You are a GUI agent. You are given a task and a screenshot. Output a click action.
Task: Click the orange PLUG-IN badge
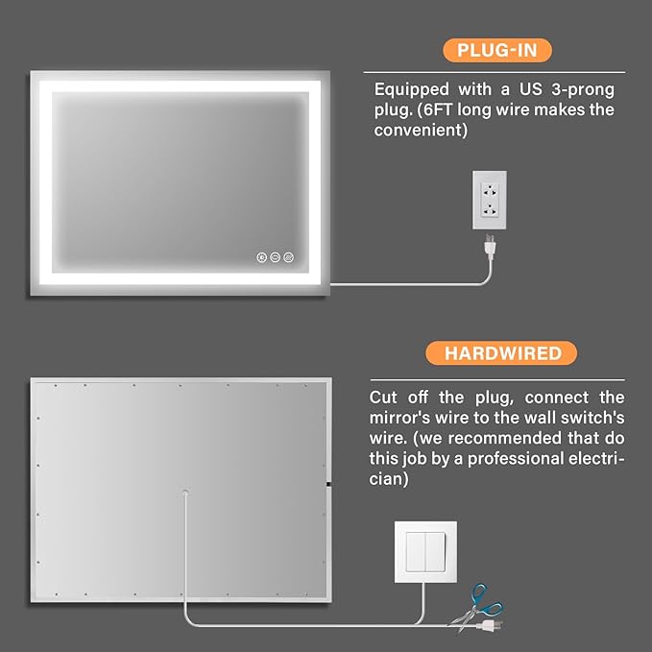[497, 50]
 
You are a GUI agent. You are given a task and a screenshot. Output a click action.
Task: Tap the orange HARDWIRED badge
[501, 353]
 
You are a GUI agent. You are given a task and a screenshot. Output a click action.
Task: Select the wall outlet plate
[490, 200]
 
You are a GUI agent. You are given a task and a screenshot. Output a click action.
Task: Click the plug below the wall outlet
[490, 245]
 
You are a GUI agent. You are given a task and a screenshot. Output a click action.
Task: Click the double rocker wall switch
[425, 551]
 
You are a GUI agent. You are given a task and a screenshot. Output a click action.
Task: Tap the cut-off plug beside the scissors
[491, 624]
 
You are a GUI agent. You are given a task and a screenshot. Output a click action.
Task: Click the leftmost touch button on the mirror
[261, 257]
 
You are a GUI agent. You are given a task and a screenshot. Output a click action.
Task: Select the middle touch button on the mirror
[275, 257]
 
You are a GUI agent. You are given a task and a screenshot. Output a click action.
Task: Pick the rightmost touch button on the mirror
[289, 257]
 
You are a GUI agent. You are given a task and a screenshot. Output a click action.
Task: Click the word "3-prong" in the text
[583, 90]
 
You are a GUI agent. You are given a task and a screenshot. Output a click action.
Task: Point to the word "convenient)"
[421, 131]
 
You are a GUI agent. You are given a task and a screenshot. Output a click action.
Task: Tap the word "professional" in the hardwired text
[515, 459]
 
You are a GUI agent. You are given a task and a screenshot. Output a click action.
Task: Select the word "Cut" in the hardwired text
[383, 398]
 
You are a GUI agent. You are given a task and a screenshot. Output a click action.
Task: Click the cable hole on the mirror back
[185, 494]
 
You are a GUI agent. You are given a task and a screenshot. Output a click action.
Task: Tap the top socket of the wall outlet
[490, 192]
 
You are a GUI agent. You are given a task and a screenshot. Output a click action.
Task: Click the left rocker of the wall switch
[416, 551]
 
